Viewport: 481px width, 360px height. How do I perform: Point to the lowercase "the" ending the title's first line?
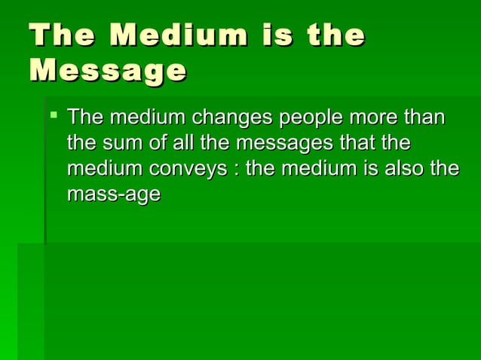337,35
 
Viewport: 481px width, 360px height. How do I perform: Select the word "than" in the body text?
424,118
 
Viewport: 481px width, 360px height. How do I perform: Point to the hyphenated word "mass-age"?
113,195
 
